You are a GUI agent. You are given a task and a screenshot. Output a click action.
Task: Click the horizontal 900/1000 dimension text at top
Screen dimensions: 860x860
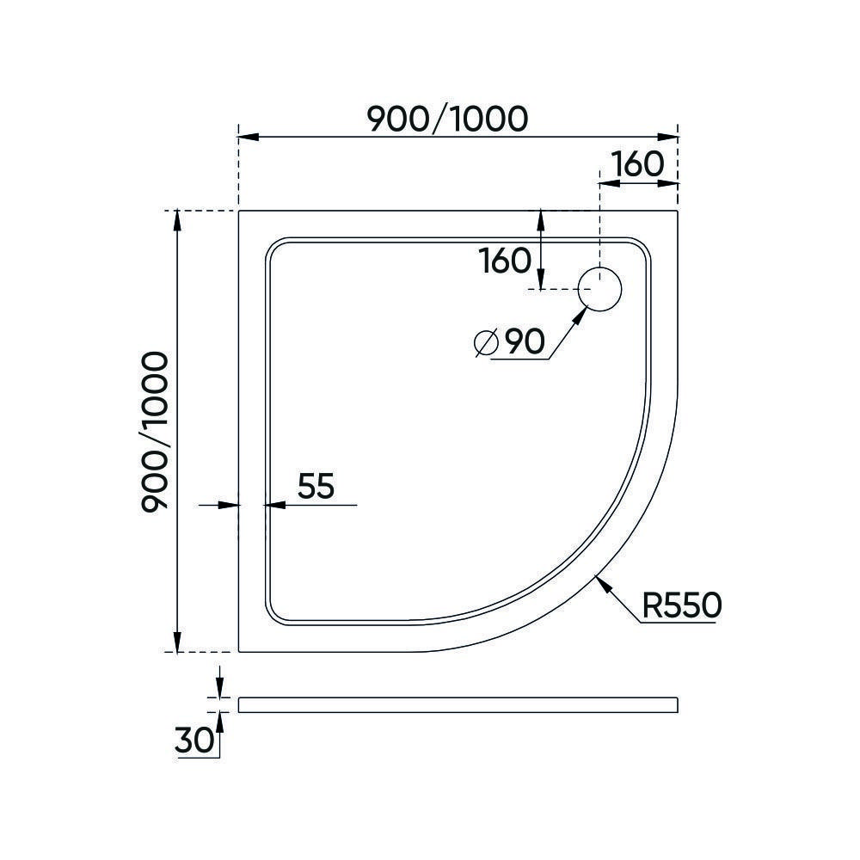pyautogui.click(x=446, y=118)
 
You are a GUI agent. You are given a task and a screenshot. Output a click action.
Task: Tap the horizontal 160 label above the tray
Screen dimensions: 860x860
pyautogui.click(x=637, y=164)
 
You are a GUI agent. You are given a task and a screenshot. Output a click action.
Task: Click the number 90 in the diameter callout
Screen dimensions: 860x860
pyautogui.click(x=524, y=342)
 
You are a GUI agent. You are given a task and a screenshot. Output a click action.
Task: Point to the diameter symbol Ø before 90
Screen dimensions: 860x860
pyautogui.click(x=486, y=343)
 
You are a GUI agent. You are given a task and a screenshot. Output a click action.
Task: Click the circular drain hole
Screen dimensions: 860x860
pyautogui.click(x=599, y=289)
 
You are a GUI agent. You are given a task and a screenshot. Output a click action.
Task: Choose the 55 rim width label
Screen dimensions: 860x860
pyautogui.click(x=315, y=487)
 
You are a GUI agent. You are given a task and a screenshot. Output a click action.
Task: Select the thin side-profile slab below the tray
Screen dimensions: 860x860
pyautogui.click(x=458, y=704)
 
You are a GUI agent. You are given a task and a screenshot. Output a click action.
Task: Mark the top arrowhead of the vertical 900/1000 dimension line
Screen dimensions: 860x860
pyautogui.click(x=177, y=218)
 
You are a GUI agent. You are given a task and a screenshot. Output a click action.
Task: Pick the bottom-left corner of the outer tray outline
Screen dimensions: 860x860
pyautogui.click(x=239, y=651)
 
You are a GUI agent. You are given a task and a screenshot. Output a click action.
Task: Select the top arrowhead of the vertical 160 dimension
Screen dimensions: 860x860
pyautogui.click(x=540, y=218)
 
